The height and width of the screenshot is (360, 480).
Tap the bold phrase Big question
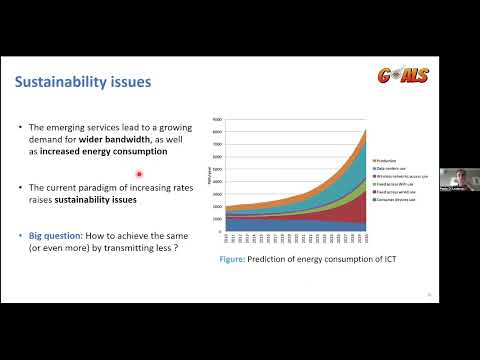[x=52, y=235]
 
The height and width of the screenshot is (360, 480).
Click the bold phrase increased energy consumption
[x=113, y=153]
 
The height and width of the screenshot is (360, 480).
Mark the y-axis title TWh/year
[x=210, y=175]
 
